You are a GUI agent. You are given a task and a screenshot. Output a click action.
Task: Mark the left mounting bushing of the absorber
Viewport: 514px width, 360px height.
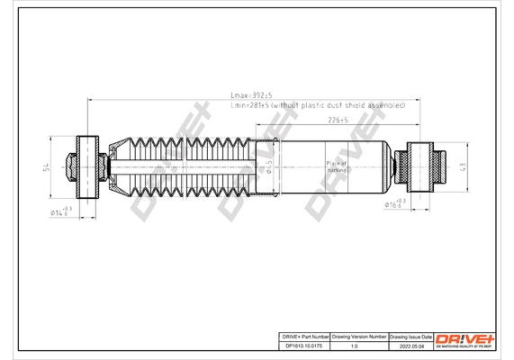(x=87, y=166)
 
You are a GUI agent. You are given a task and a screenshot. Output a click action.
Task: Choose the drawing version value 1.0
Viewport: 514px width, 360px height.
(x=359, y=344)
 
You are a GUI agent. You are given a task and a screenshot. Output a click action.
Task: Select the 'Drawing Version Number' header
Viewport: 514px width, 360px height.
(x=359, y=335)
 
